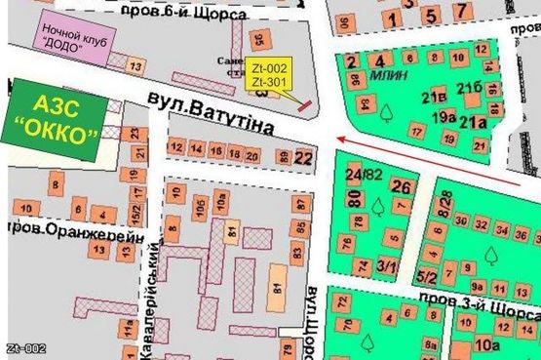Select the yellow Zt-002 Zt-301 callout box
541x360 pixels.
point(269,77)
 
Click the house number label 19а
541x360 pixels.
point(444,117)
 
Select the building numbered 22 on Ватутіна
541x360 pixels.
point(304,156)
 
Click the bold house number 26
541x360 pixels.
point(400,185)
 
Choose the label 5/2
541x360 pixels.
point(426,277)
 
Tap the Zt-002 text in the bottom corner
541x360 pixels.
point(26,348)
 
